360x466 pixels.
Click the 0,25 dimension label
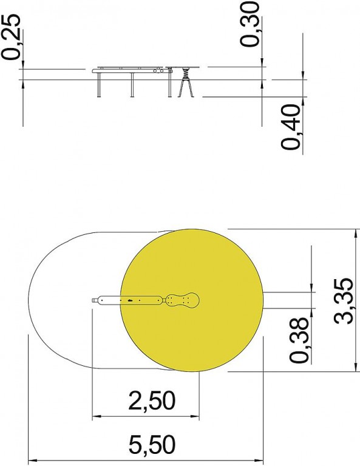(x=11, y=38)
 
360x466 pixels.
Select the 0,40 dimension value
(x=291, y=127)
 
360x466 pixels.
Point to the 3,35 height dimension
(x=344, y=301)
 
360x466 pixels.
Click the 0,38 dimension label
(x=299, y=340)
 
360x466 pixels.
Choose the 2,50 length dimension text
(x=152, y=400)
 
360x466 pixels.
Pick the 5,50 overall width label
(x=152, y=444)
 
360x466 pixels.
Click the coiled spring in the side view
(x=186, y=73)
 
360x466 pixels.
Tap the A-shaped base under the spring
(x=186, y=88)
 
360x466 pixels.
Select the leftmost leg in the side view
(x=99, y=85)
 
